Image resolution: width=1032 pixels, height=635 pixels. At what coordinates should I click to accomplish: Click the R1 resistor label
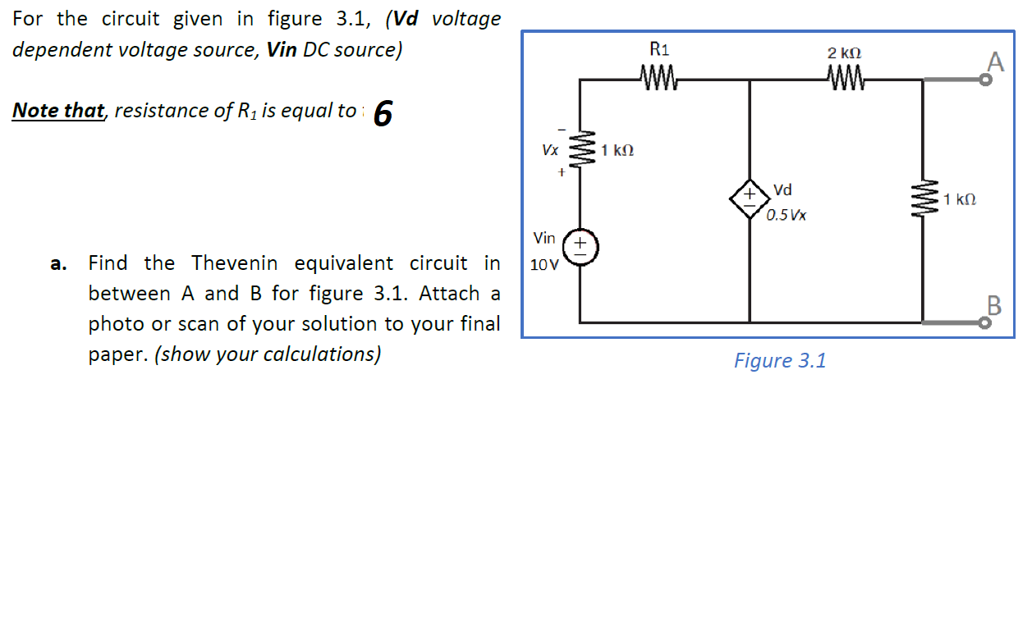659,49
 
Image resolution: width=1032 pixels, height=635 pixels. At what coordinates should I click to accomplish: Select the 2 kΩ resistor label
844,53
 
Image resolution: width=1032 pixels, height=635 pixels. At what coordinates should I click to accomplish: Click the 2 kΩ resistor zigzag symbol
844,80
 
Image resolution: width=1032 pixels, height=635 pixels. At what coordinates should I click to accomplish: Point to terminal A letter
995,61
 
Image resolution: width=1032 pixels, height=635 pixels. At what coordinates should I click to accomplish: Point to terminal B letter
995,307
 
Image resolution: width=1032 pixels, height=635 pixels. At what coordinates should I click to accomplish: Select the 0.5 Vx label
787,216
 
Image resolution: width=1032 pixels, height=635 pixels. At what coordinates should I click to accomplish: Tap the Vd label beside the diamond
782,190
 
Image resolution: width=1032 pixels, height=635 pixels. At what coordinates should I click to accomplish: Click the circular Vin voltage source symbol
580,244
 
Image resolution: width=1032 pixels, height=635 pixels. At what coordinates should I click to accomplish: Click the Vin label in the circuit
544,238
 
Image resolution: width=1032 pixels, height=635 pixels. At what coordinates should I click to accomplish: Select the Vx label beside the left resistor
549,151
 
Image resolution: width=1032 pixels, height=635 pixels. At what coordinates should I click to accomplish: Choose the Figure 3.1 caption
779,361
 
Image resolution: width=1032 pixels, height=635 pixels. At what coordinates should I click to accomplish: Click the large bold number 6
383,114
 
